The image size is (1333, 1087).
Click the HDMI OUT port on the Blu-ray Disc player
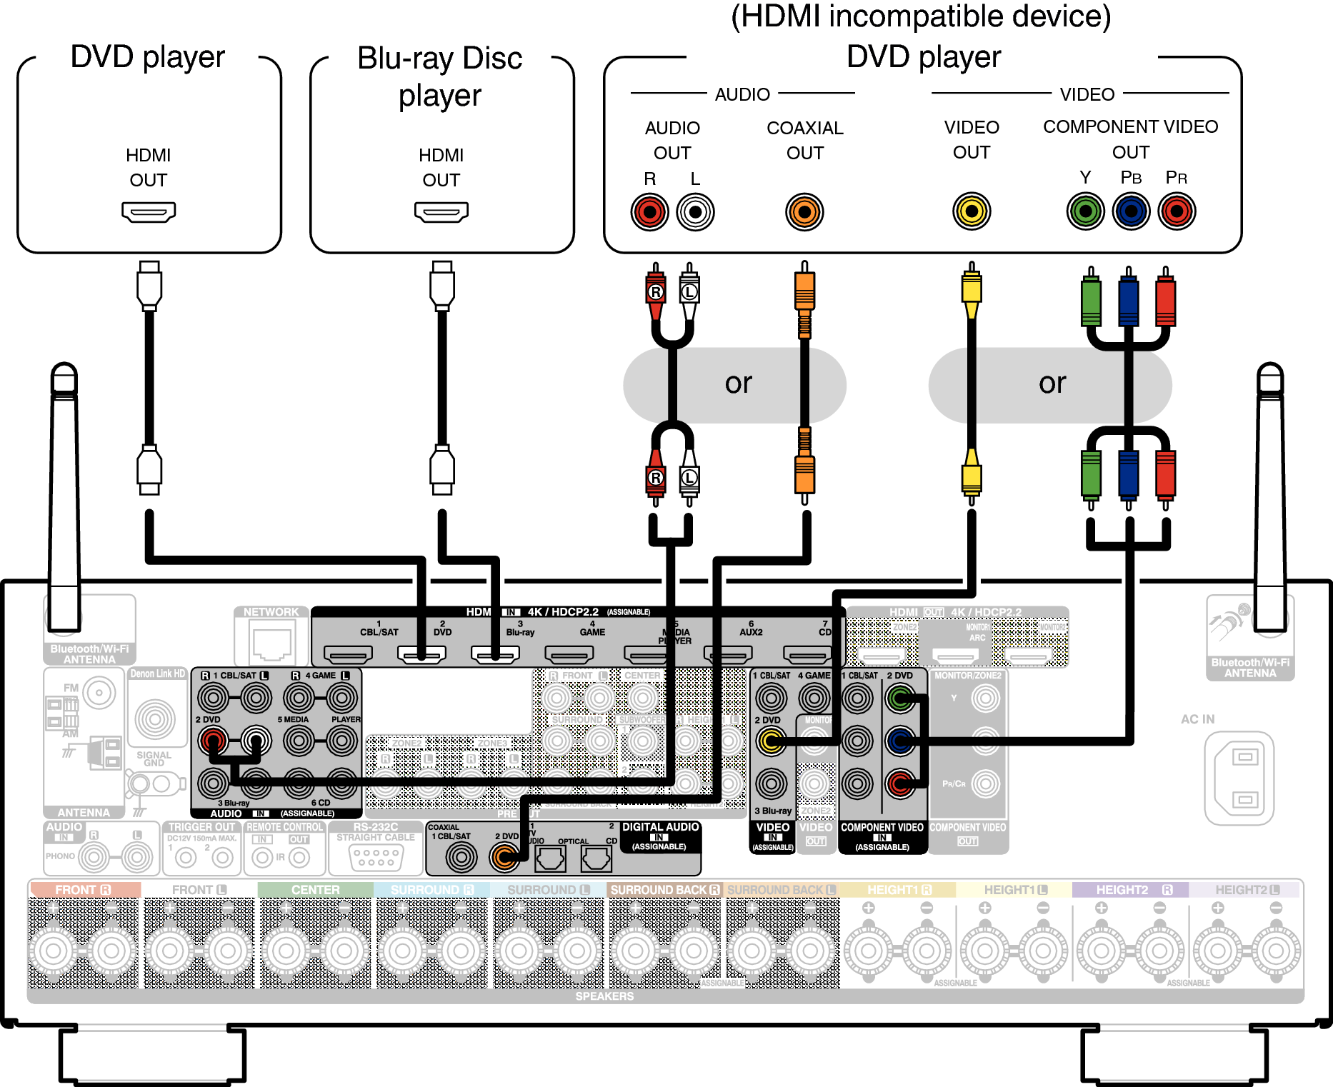441,212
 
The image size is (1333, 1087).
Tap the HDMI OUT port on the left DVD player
149,212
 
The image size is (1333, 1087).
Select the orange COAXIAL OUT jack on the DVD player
804,212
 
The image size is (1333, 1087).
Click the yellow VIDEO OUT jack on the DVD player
972,211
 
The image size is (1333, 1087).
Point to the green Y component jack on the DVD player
1085,211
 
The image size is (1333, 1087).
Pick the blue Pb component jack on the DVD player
1131,211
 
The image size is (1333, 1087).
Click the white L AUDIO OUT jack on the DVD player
695,212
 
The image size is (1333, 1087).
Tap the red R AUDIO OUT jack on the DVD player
649,212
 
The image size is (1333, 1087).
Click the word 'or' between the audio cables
738,384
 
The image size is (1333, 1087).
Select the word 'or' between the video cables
1052,384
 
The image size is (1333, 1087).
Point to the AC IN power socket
1239,778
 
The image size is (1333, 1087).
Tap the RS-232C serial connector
376,856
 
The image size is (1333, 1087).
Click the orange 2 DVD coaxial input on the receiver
505,856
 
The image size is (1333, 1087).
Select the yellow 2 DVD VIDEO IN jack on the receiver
771,741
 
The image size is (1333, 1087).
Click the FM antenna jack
99,692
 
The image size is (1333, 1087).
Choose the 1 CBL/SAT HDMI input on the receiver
348,653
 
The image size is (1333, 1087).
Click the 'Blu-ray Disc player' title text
440,76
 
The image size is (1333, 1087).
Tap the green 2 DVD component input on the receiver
900,698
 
